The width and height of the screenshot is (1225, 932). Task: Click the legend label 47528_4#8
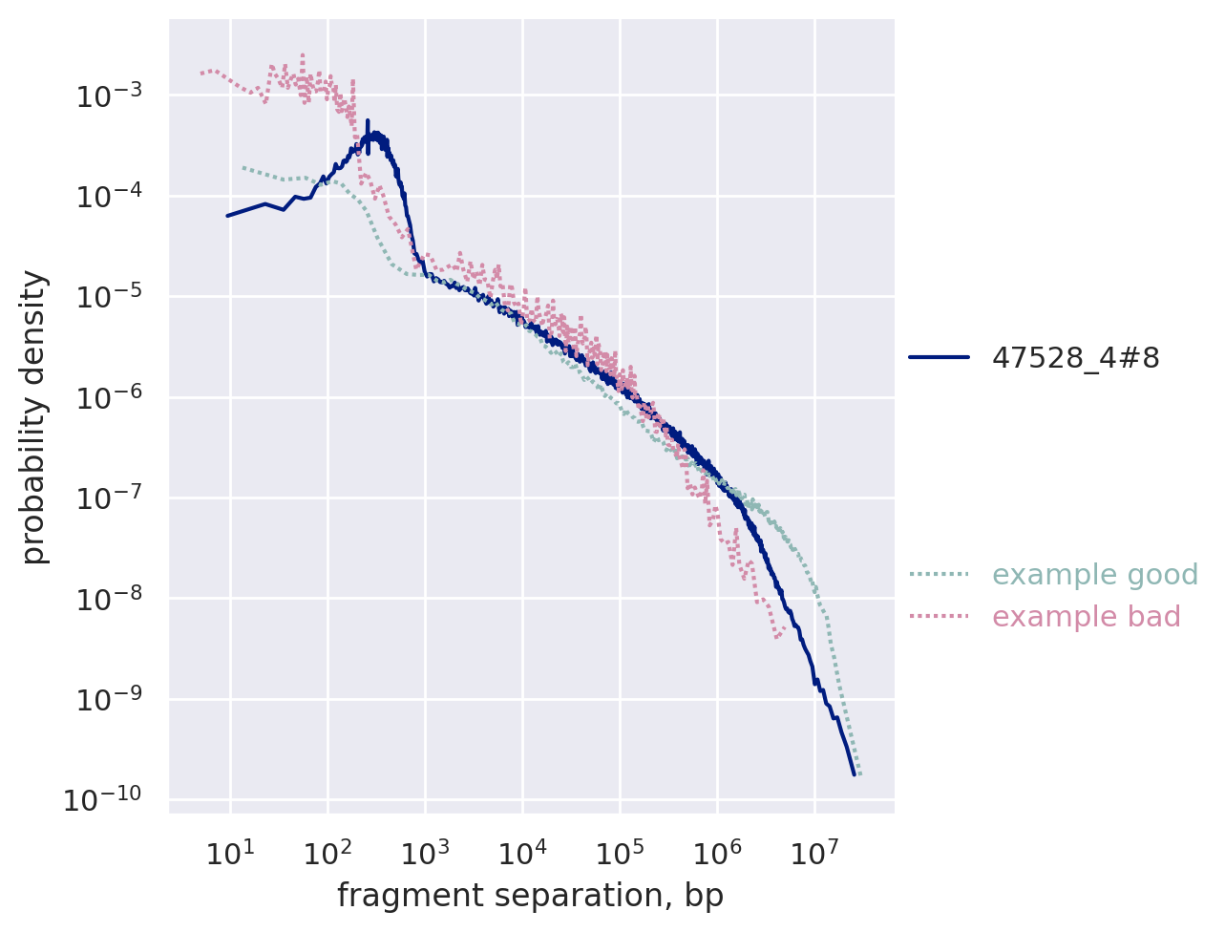(1076, 358)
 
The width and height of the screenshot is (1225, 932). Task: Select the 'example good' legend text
(1095, 575)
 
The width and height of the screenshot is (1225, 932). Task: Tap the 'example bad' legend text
(1087, 617)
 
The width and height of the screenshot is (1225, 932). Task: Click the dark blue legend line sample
(939, 358)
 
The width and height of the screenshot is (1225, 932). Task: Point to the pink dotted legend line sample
(939, 617)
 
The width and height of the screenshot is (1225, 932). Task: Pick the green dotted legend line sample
(939, 575)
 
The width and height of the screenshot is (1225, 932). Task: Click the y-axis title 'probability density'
(35, 416)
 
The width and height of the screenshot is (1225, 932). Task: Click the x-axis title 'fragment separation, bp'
(530, 896)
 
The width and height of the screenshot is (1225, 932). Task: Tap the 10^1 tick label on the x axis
(229, 853)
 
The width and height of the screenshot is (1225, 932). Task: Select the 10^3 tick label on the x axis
(424, 853)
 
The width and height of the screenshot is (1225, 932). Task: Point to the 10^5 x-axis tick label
(619, 853)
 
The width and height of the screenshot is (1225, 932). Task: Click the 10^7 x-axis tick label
(813, 853)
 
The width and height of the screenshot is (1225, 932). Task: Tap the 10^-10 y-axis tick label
(101, 799)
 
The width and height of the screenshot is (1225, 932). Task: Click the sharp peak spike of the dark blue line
(368, 122)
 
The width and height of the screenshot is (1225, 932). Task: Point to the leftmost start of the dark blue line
(227, 216)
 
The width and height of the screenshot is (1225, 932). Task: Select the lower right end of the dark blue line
(854, 773)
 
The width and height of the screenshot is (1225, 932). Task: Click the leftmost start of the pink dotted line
(201, 73)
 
